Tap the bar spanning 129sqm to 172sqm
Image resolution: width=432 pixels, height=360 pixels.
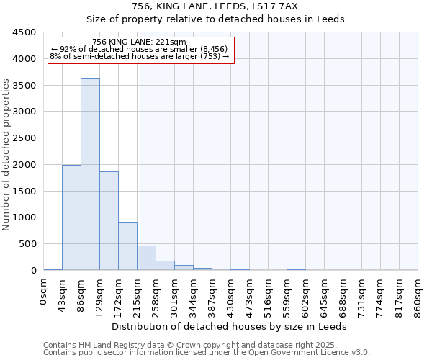[109, 220]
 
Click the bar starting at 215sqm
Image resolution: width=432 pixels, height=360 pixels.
[146, 258]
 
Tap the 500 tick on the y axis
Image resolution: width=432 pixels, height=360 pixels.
[27, 244]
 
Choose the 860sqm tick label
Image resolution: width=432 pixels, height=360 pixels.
[418, 296]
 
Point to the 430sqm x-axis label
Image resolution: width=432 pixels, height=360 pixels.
[231, 296]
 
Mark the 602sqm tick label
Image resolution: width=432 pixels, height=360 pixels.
[306, 296]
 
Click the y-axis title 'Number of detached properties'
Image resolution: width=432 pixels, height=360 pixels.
[7, 156]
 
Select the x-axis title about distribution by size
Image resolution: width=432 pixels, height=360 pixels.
[231, 326]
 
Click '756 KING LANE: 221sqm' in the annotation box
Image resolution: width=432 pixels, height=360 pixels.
[140, 42]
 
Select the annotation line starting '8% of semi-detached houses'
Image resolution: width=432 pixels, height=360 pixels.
[140, 56]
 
